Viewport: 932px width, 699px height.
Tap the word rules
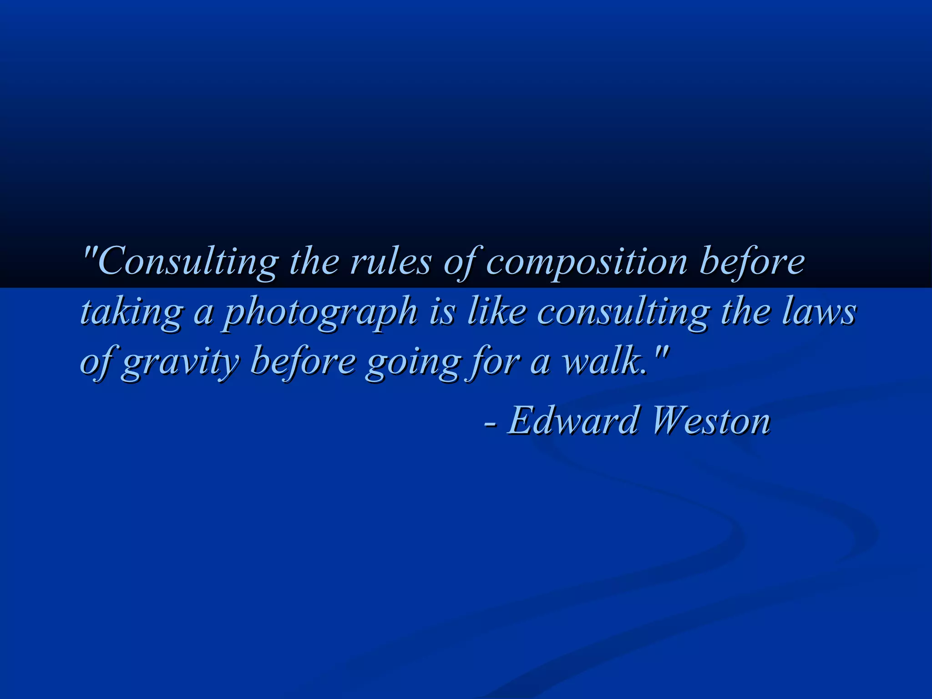pos(390,262)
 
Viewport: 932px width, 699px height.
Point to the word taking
pos(132,313)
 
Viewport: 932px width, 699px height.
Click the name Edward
pos(573,420)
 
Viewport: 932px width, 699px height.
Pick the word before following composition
pos(751,262)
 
